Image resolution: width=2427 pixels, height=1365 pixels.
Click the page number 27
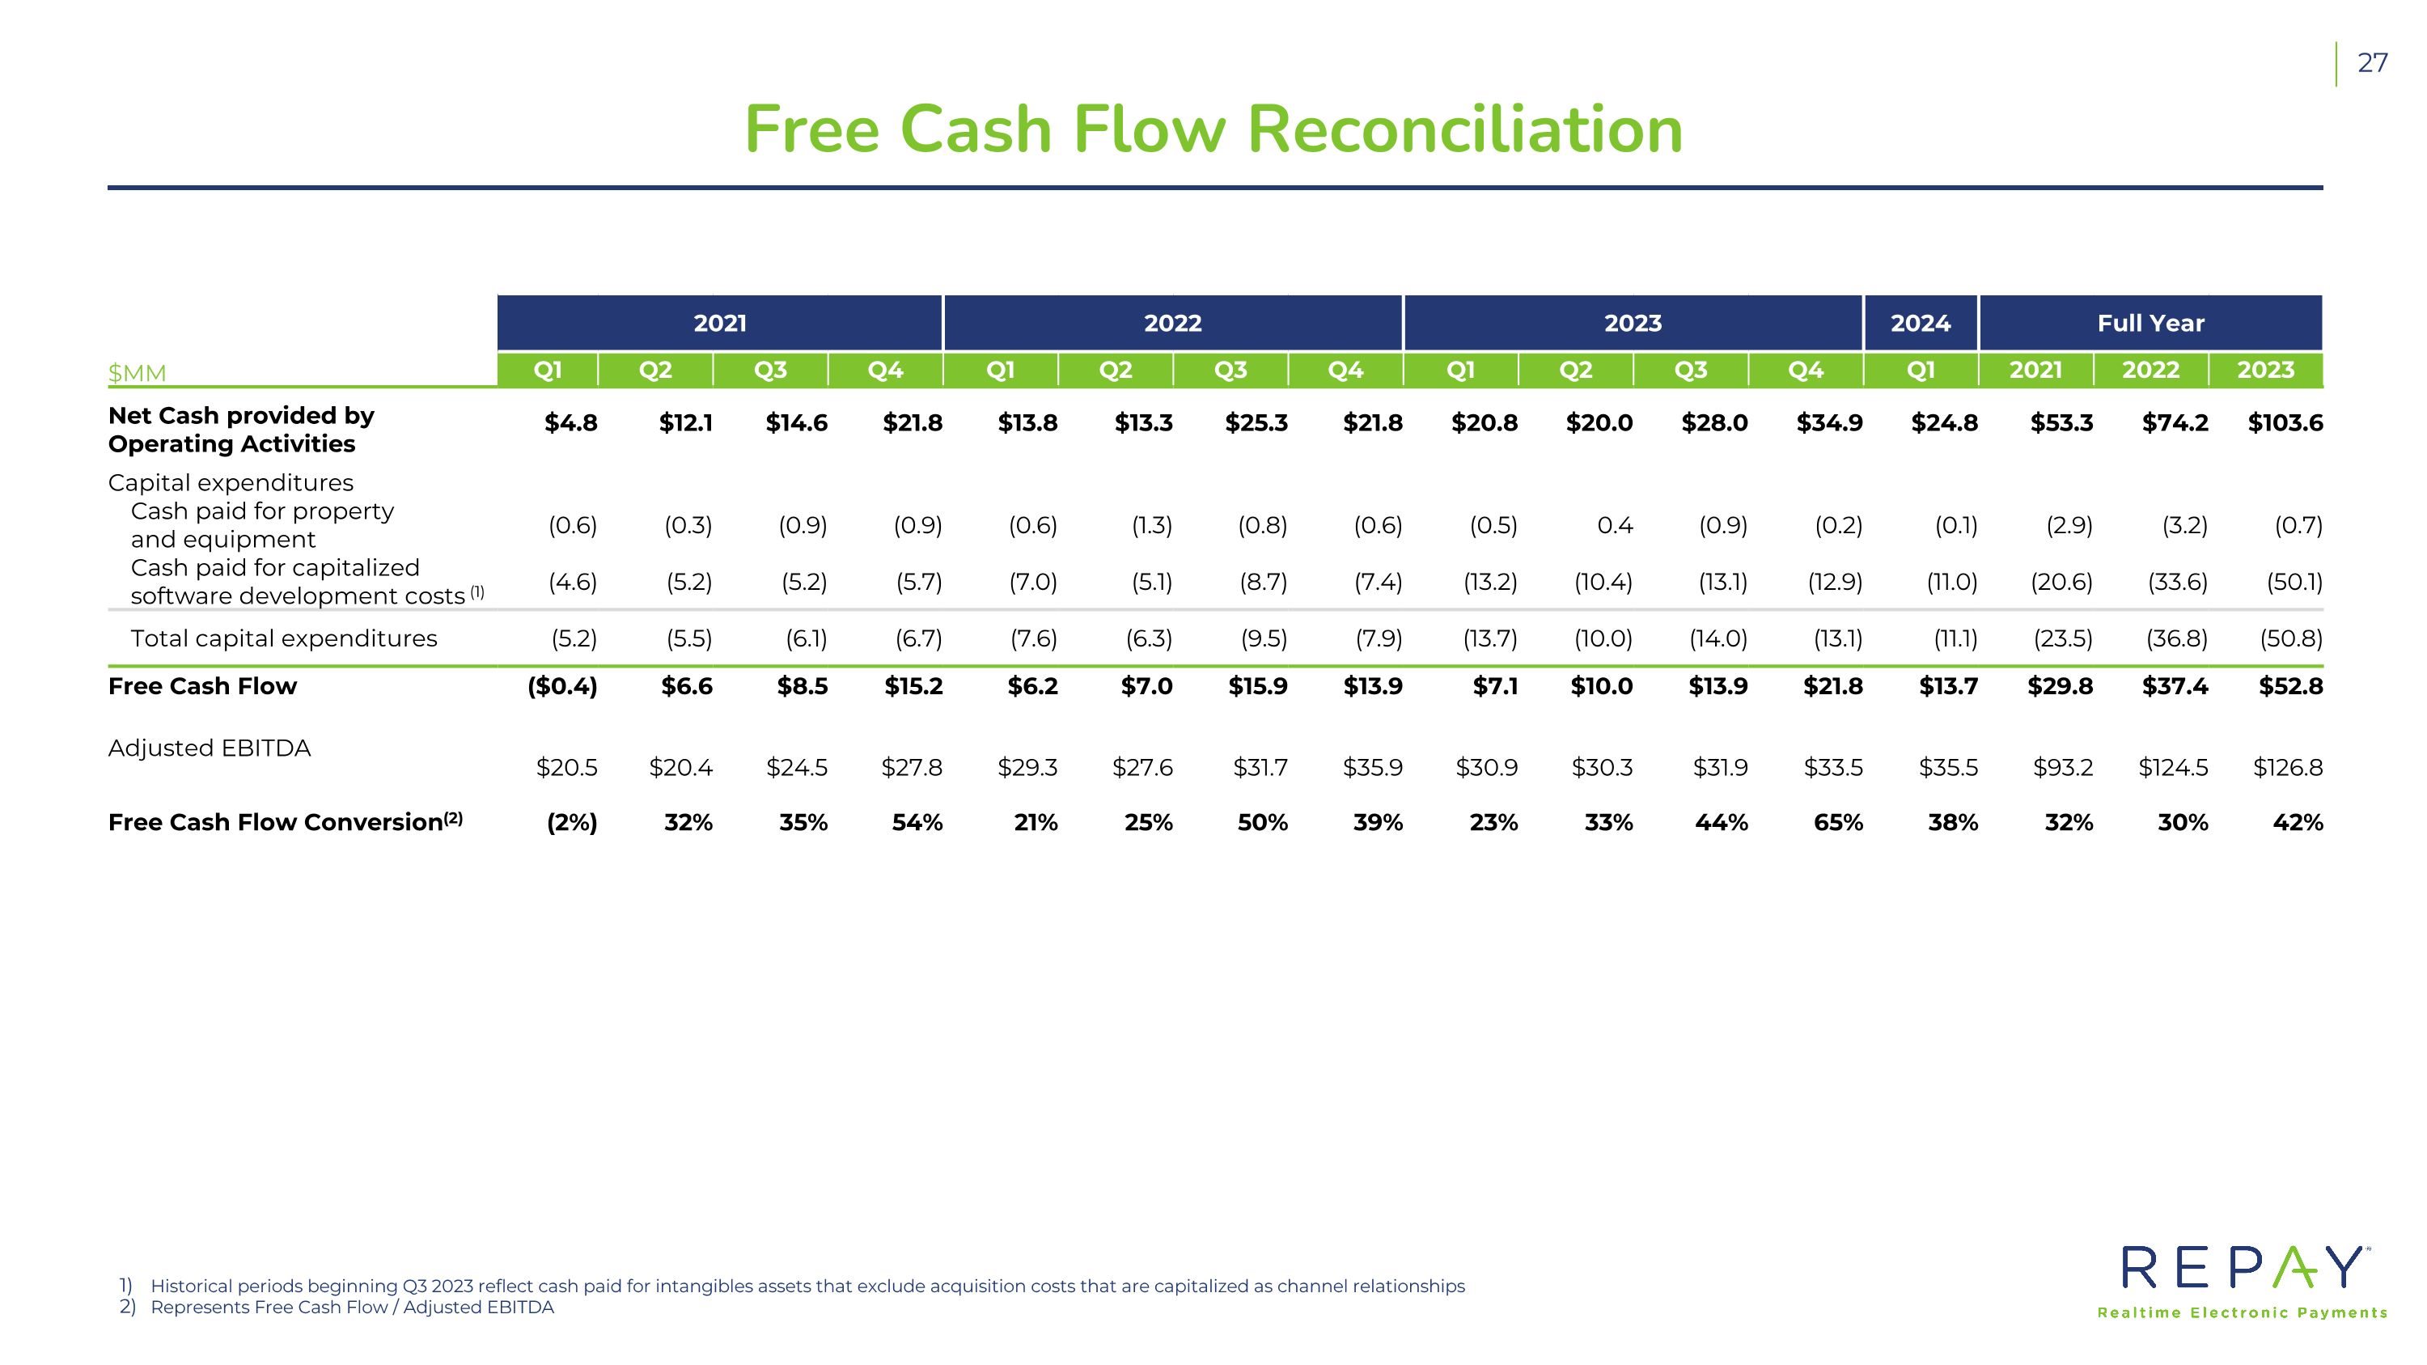[2371, 63]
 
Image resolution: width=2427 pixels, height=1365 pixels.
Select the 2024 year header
[1920, 323]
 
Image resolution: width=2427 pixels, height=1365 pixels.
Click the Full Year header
[2150, 323]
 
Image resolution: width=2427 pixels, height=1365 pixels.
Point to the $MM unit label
[137, 373]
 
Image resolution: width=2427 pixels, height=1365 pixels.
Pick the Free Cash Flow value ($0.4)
[562, 686]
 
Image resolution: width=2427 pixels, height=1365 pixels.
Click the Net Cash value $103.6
[2285, 423]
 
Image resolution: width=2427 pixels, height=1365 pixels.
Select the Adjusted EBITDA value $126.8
[2288, 768]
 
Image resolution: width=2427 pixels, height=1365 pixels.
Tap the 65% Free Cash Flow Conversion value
[1838, 822]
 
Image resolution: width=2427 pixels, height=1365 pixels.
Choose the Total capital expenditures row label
[284, 638]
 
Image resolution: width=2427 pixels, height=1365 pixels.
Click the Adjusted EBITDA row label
[210, 748]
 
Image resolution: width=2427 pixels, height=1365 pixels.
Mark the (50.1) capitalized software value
[2294, 583]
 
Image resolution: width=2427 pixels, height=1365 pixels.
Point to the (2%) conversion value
[572, 822]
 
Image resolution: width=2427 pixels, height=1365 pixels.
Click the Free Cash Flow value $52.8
[2290, 686]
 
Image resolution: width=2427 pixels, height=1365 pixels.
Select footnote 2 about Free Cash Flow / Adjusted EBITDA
[351, 1308]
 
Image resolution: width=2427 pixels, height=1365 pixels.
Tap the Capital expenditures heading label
[231, 482]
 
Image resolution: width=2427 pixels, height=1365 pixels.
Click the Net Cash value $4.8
[571, 423]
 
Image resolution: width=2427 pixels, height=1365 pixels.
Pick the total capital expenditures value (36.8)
[2176, 638]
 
